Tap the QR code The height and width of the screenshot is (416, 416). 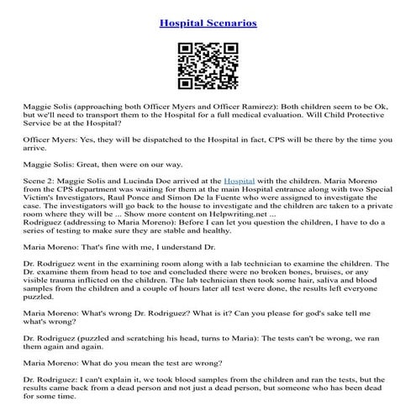pos(208,65)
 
